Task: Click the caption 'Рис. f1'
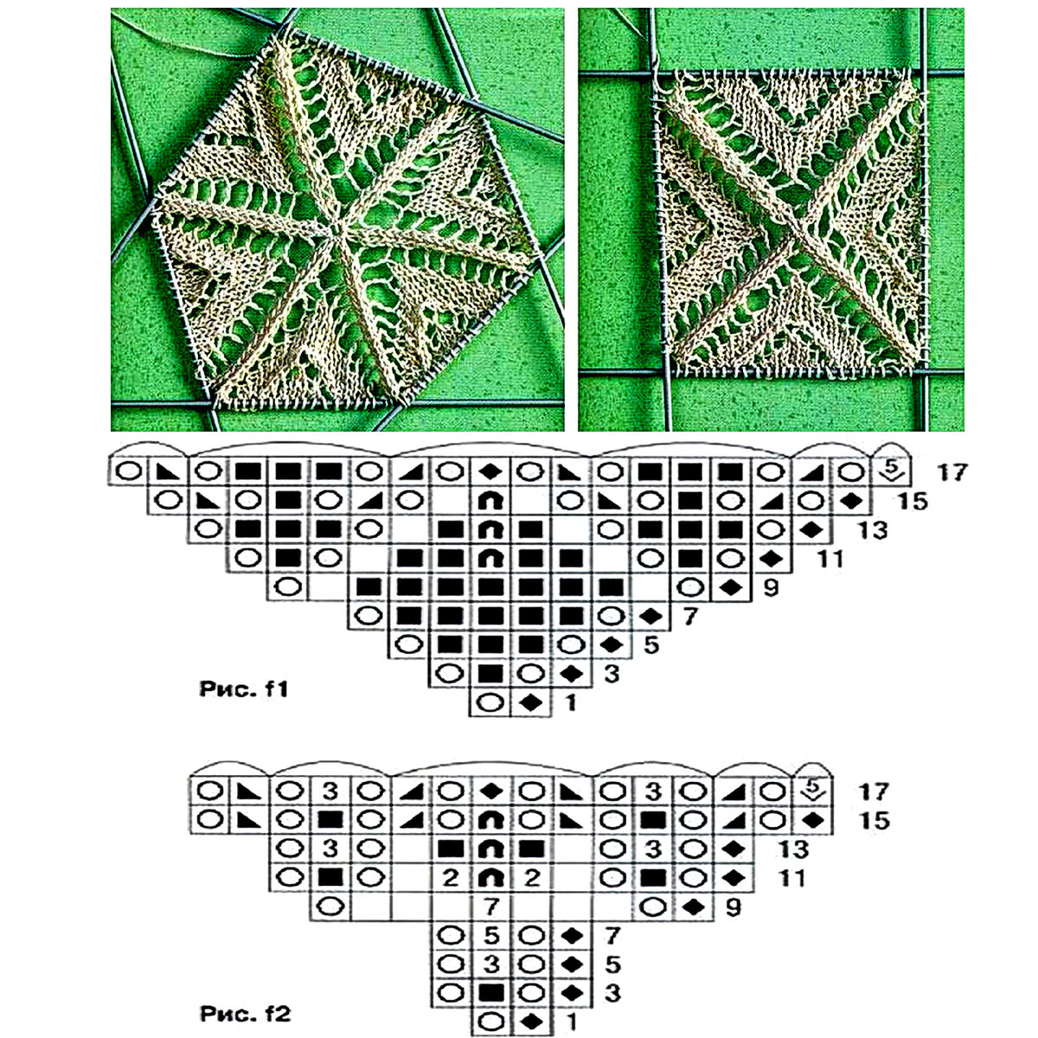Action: (243, 689)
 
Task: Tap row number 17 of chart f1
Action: (951, 472)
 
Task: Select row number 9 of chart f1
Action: (771, 587)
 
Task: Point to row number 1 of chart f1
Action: (570, 702)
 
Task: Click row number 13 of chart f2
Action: (794, 849)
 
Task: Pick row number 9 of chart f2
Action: (733, 907)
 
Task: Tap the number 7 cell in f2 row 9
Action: (490, 907)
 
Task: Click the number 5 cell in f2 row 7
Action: (490, 936)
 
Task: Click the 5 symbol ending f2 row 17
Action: (813, 791)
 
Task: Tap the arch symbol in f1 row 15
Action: (490, 502)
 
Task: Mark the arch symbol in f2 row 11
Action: (490, 879)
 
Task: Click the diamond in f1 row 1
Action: (530, 702)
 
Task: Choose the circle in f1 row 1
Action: (490, 702)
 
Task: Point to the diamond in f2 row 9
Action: (693, 907)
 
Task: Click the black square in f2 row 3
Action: (490, 993)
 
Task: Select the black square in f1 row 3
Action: (490, 673)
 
